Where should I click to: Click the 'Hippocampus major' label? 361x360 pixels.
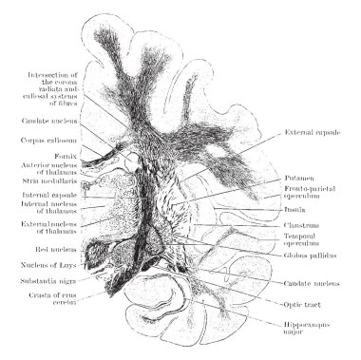304,329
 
